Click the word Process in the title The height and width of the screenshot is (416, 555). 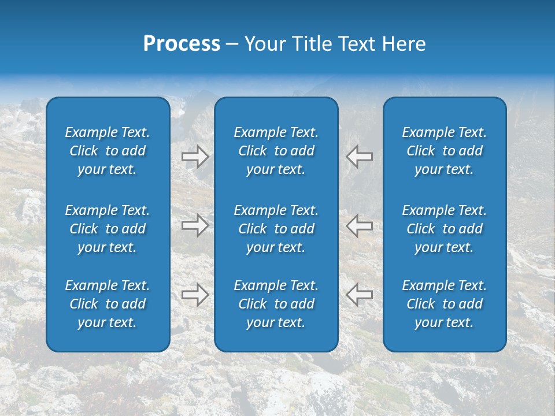click(x=182, y=44)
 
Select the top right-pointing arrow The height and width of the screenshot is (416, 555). click(x=195, y=157)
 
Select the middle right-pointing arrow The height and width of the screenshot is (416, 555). click(x=195, y=225)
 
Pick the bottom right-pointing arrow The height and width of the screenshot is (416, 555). click(x=195, y=295)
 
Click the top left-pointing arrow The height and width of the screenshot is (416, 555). click(x=360, y=157)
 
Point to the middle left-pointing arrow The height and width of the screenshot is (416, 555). click(x=360, y=225)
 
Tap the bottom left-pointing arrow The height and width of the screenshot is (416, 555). click(x=360, y=295)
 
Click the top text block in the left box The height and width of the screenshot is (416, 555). click(x=108, y=151)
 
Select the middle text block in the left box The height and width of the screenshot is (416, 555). click(x=108, y=229)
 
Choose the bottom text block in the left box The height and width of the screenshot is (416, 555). click(x=108, y=304)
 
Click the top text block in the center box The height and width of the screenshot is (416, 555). click(x=276, y=151)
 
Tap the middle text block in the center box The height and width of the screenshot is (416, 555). click(x=276, y=229)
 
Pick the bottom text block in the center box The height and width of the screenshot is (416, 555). click(x=276, y=304)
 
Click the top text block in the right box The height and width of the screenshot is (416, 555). click(x=445, y=151)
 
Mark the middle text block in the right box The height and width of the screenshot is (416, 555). click(x=445, y=229)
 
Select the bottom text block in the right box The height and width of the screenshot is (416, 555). click(x=445, y=304)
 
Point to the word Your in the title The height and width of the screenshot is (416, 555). click(x=265, y=44)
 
